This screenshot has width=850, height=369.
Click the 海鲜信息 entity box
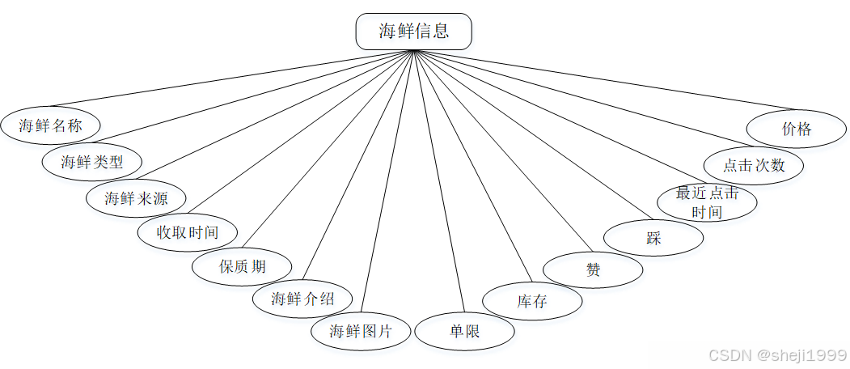tap(413, 32)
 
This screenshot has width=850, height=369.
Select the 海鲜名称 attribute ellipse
tap(51, 125)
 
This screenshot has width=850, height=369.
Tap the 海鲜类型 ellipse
tap(92, 161)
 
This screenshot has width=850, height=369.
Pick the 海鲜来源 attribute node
tap(136, 197)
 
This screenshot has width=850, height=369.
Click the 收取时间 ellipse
tap(188, 233)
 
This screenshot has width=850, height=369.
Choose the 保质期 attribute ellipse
tap(242, 266)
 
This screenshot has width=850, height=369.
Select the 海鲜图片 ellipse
tap(361, 331)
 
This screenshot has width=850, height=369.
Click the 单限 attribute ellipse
tap(464, 331)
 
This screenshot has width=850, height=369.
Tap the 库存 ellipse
tap(532, 302)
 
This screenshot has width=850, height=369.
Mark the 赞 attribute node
tap(593, 269)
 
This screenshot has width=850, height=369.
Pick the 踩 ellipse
tap(653, 237)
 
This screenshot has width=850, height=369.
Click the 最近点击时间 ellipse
tap(707, 202)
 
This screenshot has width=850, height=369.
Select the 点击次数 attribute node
tap(754, 165)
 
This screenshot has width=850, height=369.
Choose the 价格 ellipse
tap(797, 129)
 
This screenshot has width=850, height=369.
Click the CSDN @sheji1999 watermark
tap(776, 355)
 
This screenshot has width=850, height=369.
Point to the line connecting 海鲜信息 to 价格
tap(607, 81)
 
